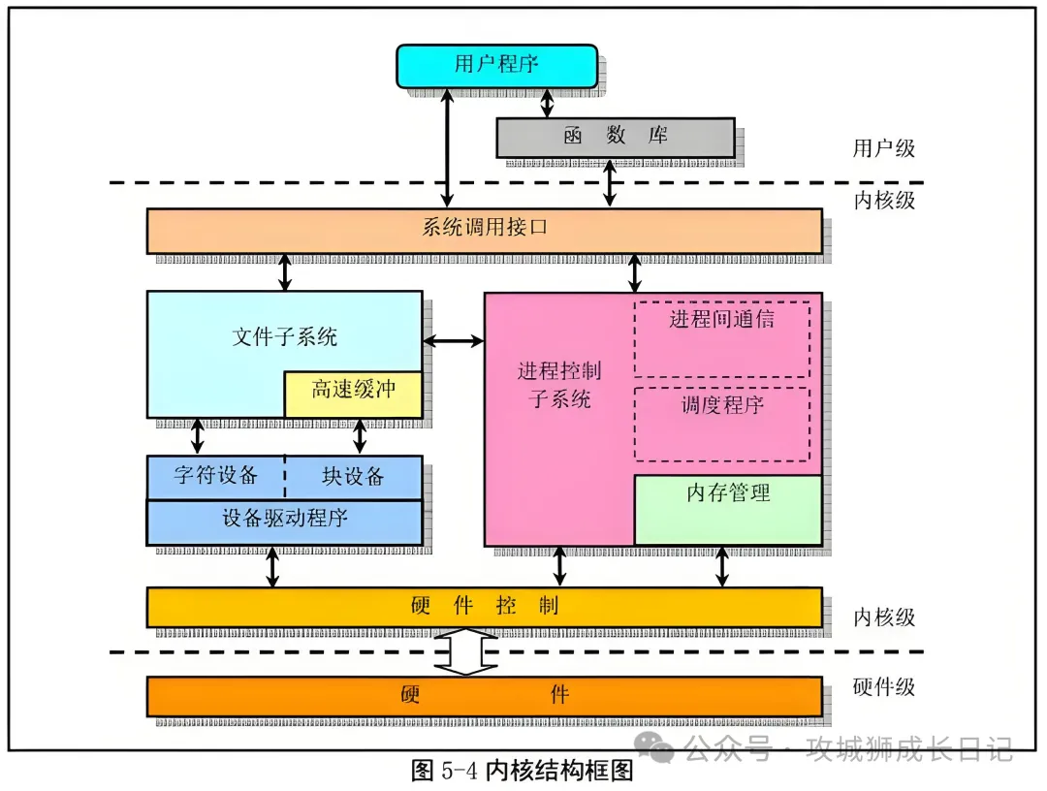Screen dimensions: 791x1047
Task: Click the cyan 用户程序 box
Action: point(495,66)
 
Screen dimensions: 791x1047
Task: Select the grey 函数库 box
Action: point(615,137)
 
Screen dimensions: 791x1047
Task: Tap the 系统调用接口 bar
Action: point(484,230)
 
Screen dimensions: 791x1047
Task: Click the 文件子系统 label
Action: point(285,336)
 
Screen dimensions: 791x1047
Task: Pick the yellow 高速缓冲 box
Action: point(353,394)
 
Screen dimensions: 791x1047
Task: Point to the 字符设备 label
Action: point(216,476)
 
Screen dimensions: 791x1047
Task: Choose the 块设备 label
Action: point(353,476)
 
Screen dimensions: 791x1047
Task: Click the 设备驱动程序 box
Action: point(284,522)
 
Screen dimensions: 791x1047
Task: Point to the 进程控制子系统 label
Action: point(558,385)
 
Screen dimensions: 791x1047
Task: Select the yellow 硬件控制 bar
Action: point(484,607)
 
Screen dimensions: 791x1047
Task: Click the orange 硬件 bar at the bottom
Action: point(484,695)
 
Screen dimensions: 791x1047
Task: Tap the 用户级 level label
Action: point(883,148)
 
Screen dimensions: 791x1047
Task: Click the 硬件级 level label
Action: point(883,687)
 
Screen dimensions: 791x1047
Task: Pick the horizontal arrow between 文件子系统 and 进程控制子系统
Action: point(454,340)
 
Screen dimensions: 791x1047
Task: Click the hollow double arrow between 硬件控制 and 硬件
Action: point(465,651)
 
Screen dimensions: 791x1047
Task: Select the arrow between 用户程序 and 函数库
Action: point(548,102)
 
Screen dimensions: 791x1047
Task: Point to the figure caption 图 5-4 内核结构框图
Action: point(523,772)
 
